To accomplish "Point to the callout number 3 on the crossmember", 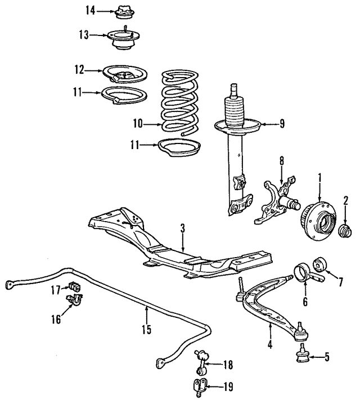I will pyautogui.click(x=182, y=228).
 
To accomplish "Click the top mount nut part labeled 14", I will pyautogui.click(x=123, y=10).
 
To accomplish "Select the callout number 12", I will pyautogui.click(x=78, y=70).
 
